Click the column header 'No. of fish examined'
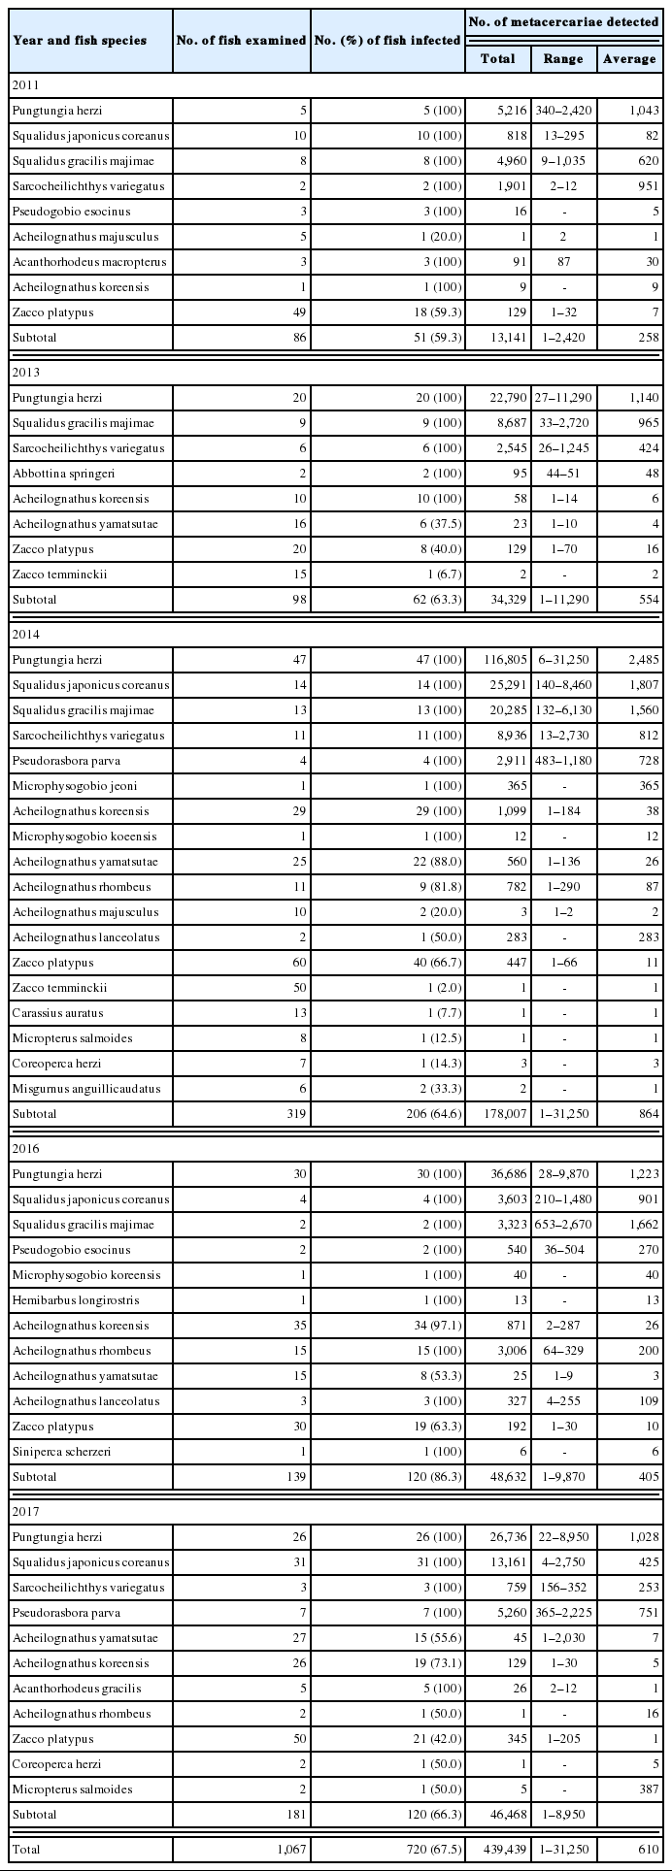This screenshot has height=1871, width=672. pyautogui.click(x=241, y=41)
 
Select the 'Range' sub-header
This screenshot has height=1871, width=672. pyautogui.click(x=563, y=59)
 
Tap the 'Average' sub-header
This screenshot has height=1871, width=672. pyautogui.click(x=629, y=59)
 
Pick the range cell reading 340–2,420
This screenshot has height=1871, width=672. pyautogui.click(x=563, y=111)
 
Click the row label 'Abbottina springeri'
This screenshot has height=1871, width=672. pyautogui.click(x=55, y=474)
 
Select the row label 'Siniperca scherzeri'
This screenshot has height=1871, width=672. pyautogui.click(x=57, y=1452)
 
